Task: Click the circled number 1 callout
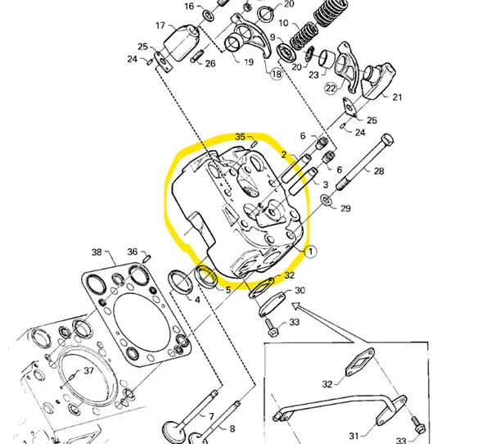pos(309,251)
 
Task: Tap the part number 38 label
pos(97,251)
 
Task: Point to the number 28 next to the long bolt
pos(378,171)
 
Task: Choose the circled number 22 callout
pos(331,88)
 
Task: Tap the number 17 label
pos(160,26)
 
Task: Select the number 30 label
pos(300,290)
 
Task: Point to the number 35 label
pos(240,136)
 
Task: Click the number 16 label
pos(189,7)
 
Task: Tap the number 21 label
pos(397,97)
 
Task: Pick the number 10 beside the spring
pos(283,24)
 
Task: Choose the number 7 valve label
pos(210,416)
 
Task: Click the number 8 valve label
pos(232,429)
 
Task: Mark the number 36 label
pos(132,251)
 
